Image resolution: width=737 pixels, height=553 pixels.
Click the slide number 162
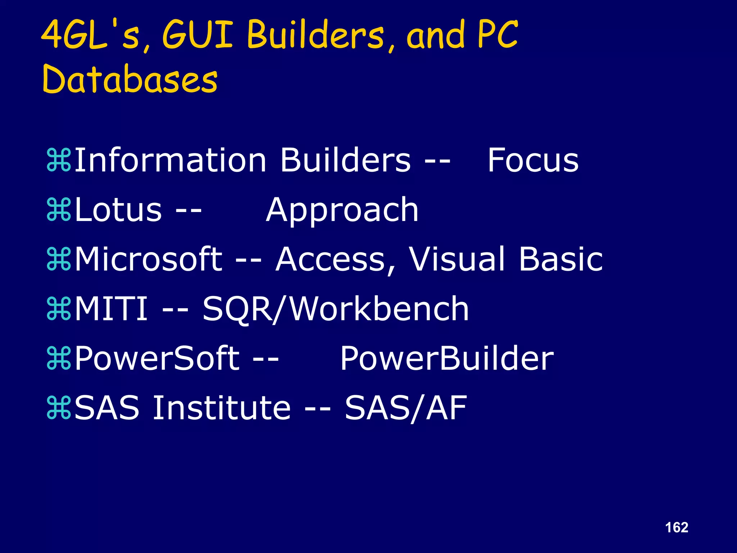677,527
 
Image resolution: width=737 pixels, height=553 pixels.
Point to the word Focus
533,160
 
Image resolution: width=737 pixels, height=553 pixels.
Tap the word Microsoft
149,259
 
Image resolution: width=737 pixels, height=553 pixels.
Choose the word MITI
111,309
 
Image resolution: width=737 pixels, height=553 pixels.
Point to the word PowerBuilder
447,359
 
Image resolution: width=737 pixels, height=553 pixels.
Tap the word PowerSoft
157,359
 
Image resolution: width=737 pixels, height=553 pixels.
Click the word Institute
222,408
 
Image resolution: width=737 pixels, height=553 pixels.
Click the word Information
170,160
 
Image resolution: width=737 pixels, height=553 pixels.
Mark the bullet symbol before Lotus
59,211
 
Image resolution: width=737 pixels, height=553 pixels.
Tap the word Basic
561,259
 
